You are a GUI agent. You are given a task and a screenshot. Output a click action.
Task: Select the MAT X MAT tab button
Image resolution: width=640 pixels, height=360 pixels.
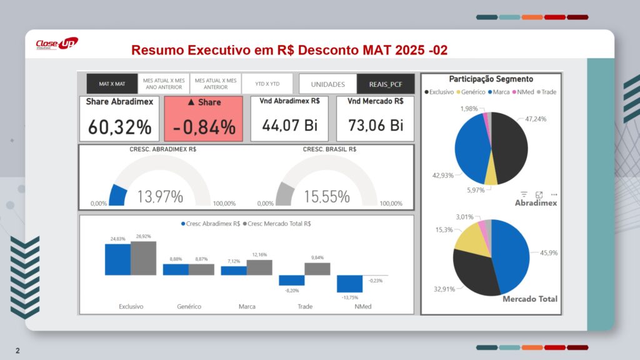(112, 84)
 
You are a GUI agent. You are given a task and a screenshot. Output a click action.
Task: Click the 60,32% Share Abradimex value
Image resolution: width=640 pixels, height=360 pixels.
(119, 127)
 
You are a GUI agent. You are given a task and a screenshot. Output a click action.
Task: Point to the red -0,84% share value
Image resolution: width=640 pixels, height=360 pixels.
(204, 127)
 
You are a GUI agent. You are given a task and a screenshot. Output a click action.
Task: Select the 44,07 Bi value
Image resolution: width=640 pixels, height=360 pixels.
(290, 125)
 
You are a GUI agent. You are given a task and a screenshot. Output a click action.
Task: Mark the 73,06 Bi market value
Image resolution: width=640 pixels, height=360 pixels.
(376, 125)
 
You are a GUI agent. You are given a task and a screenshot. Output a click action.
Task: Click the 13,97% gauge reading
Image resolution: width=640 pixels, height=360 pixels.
(160, 197)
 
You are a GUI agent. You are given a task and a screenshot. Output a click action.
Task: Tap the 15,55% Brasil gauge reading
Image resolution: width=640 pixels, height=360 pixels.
(327, 197)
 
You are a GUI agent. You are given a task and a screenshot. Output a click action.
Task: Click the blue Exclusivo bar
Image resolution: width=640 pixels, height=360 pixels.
(117, 259)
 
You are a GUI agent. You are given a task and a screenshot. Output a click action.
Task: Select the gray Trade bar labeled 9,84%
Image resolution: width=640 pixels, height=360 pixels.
(317, 269)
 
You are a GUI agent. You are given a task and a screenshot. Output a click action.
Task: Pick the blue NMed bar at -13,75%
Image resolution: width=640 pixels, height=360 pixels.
(349, 284)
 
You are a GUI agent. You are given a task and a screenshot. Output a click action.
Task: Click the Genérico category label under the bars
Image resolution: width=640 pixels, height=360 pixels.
(189, 307)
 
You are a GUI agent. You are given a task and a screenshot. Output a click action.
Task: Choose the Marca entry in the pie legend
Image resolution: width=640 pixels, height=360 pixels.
(501, 92)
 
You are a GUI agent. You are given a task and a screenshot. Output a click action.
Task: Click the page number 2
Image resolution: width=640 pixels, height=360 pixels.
(17, 351)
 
